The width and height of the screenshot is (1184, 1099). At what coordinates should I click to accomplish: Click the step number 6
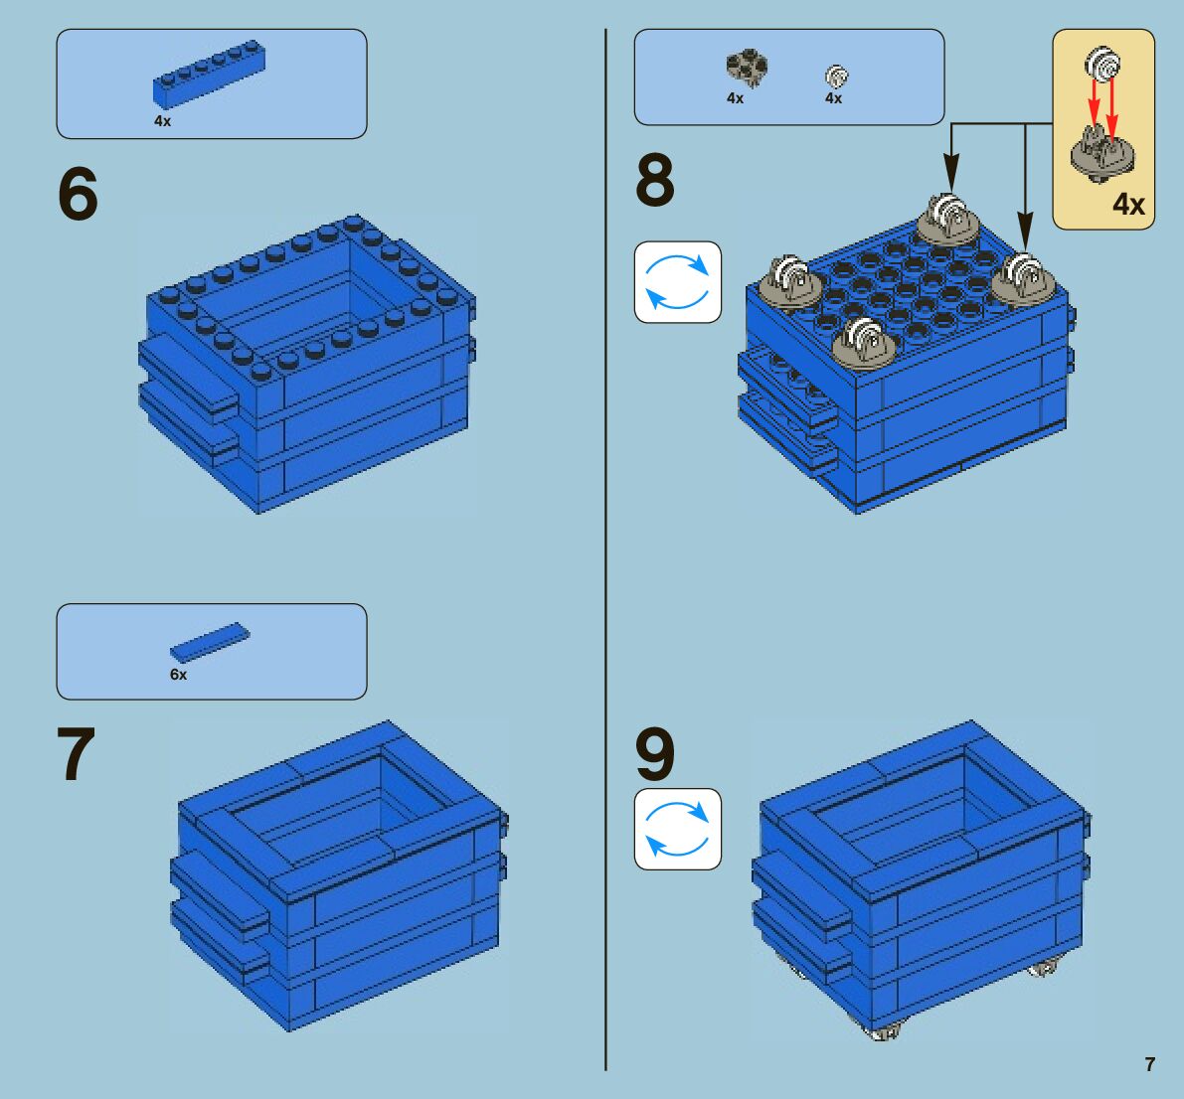click(78, 193)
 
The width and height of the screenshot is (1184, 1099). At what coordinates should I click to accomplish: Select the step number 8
click(655, 180)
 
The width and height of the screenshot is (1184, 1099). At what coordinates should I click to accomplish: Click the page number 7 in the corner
click(1150, 1064)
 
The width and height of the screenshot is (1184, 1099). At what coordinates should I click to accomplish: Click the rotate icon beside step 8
click(678, 282)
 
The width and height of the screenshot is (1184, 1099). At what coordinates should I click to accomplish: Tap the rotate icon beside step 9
click(678, 829)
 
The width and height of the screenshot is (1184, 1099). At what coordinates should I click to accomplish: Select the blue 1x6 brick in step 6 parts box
click(209, 74)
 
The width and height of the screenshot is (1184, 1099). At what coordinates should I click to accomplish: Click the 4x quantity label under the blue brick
click(162, 121)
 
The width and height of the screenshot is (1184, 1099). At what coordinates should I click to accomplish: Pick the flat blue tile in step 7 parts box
click(209, 642)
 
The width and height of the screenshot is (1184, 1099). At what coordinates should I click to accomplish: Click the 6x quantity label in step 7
click(178, 675)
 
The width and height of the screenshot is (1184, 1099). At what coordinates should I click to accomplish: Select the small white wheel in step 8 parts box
click(837, 77)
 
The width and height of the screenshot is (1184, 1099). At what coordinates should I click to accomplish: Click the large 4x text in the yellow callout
click(1129, 205)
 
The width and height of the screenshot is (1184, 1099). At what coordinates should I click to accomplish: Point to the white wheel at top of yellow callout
click(1102, 64)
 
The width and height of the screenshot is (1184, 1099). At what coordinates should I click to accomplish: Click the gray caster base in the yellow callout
click(1102, 152)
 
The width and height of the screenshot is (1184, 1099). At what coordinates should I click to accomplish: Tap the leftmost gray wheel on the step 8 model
click(790, 281)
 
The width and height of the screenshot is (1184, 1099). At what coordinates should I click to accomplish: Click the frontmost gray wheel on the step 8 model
click(865, 343)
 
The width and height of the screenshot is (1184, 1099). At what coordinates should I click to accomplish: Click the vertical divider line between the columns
click(605, 549)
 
